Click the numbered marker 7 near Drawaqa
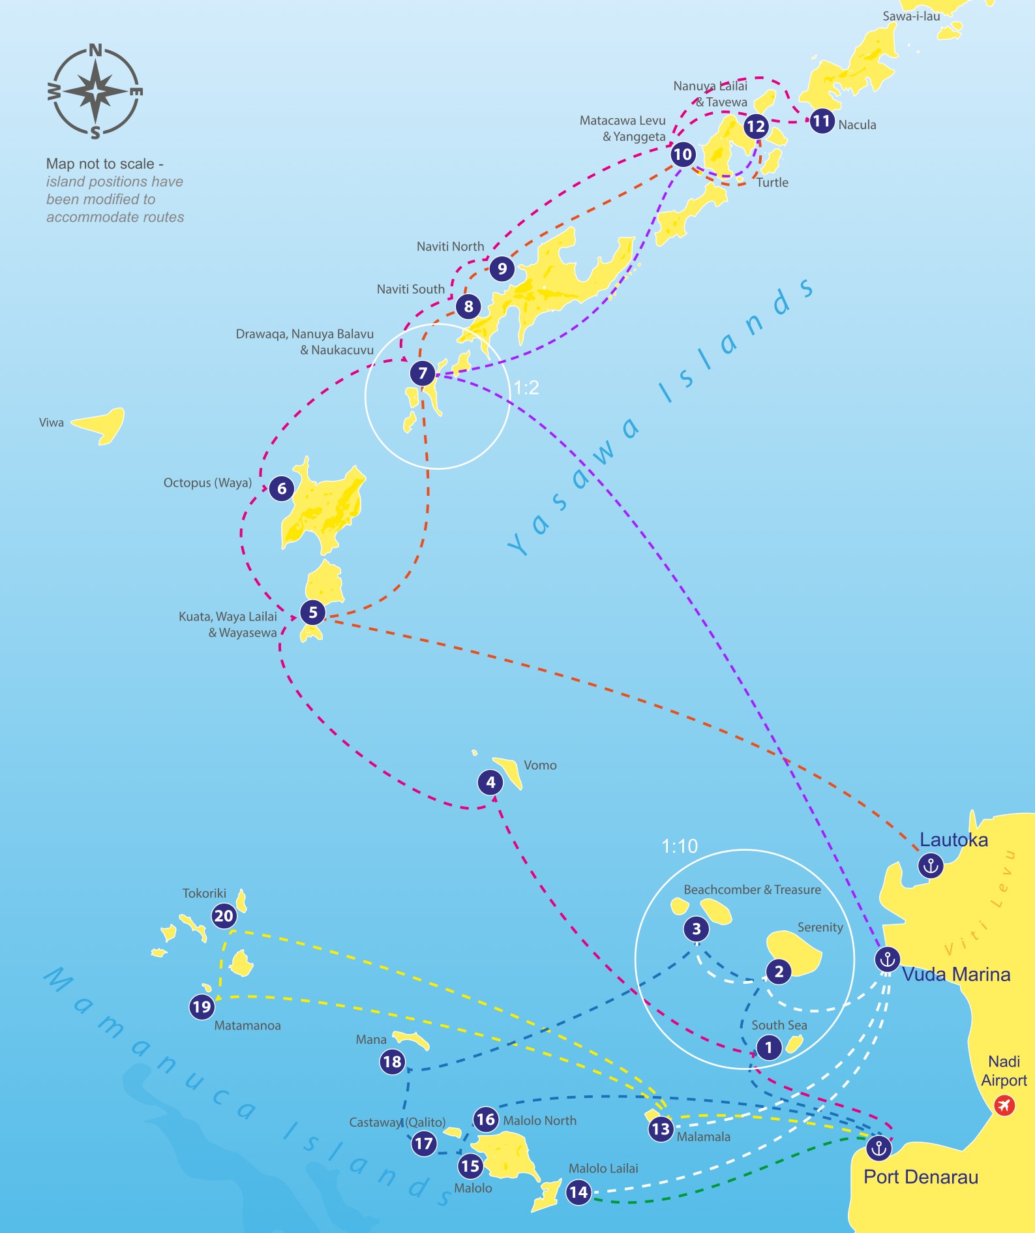(423, 373)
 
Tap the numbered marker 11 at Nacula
(821, 121)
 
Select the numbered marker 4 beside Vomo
(490, 782)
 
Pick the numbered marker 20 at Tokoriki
(224, 916)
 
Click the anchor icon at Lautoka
(931, 866)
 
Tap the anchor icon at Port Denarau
(879, 1148)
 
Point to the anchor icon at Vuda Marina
(887, 959)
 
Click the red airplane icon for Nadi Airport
(1005, 1105)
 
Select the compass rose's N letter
(95, 50)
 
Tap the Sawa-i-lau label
(911, 16)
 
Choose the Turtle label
(772, 183)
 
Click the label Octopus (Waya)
(207, 483)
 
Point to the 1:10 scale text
(680, 846)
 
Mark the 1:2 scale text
(526, 388)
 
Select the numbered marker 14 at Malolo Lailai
(578, 1192)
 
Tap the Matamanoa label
(247, 1026)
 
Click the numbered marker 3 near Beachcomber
(697, 928)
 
